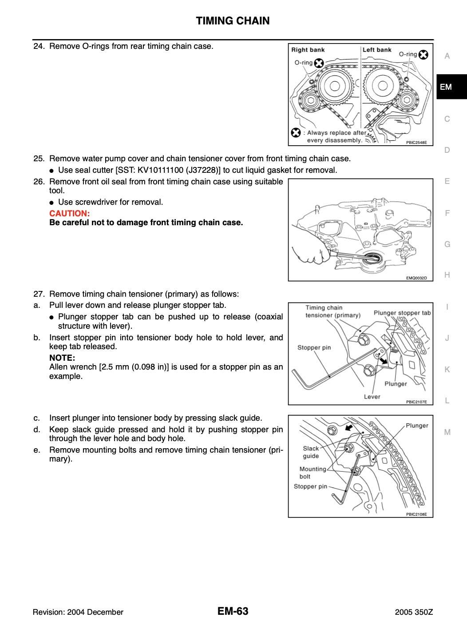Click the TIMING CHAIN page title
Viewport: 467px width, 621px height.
pyautogui.click(x=233, y=21)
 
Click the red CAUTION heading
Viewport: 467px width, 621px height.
pyautogui.click(x=70, y=213)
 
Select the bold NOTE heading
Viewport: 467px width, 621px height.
pyautogui.click(x=62, y=358)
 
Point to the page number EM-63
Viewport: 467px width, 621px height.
pyautogui.click(x=233, y=611)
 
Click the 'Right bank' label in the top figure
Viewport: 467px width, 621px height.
pyautogui.click(x=308, y=50)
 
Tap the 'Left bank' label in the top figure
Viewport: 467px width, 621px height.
pyautogui.click(x=377, y=50)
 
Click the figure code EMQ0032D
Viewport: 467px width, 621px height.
pyautogui.click(x=416, y=278)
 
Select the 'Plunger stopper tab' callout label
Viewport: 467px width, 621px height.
pyautogui.click(x=402, y=313)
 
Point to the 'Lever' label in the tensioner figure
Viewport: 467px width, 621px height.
pyautogui.click(x=372, y=397)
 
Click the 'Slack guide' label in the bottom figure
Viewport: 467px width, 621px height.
pyautogui.click(x=311, y=452)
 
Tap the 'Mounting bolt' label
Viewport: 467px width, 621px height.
pyautogui.click(x=313, y=473)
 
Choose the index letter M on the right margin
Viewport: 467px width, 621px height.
pyautogui.click(x=447, y=432)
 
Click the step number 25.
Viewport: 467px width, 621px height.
pyautogui.click(x=39, y=159)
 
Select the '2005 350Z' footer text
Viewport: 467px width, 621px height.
pyautogui.click(x=414, y=612)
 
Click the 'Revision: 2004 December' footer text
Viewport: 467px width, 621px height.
pyautogui.click(x=78, y=612)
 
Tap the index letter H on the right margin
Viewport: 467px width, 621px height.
pyautogui.click(x=447, y=275)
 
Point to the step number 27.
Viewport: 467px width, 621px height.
pyautogui.click(x=39, y=294)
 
